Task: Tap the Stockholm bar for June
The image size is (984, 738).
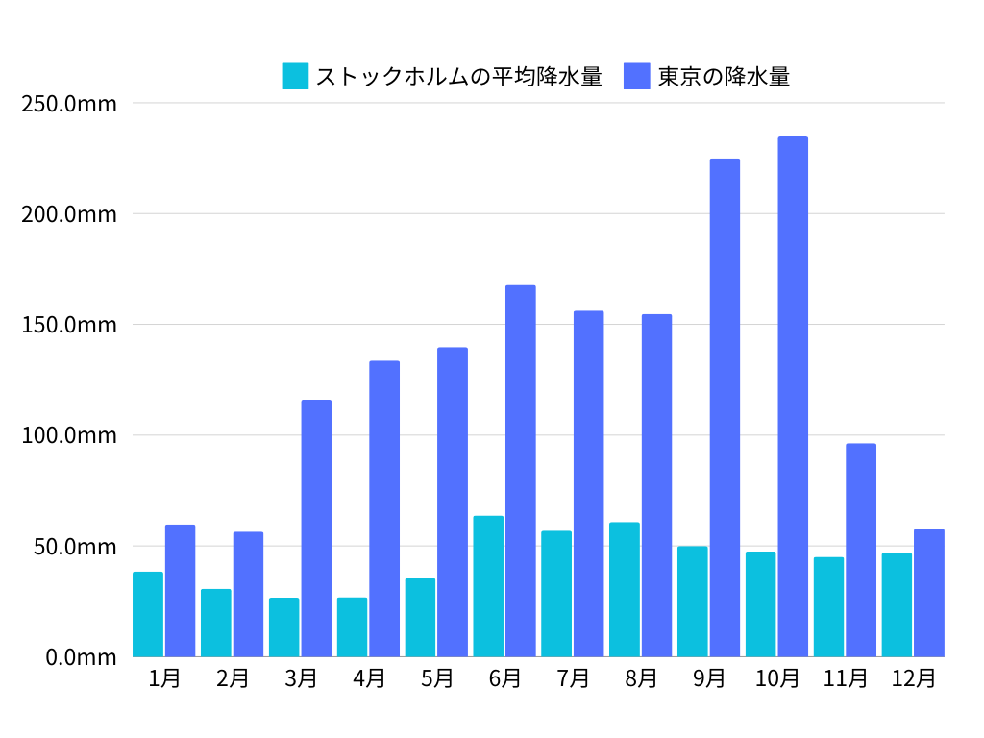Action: (488, 586)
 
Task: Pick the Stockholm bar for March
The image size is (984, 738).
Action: (283, 627)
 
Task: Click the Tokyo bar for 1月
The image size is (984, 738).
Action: (180, 591)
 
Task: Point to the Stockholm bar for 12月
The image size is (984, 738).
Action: (897, 604)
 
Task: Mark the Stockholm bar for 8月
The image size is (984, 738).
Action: (625, 589)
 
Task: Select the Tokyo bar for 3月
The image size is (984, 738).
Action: (316, 529)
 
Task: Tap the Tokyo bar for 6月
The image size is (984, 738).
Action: (521, 471)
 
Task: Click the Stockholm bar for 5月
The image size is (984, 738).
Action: (420, 617)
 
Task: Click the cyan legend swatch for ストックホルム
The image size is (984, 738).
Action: (295, 76)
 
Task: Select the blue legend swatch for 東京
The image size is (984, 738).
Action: (637, 76)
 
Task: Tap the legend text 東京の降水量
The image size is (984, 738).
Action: (724, 76)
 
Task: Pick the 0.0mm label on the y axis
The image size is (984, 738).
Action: (81, 657)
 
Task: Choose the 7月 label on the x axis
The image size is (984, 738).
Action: (573, 678)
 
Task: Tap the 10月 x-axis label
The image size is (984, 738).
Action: (777, 678)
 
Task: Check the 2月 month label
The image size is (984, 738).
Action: (233, 678)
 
